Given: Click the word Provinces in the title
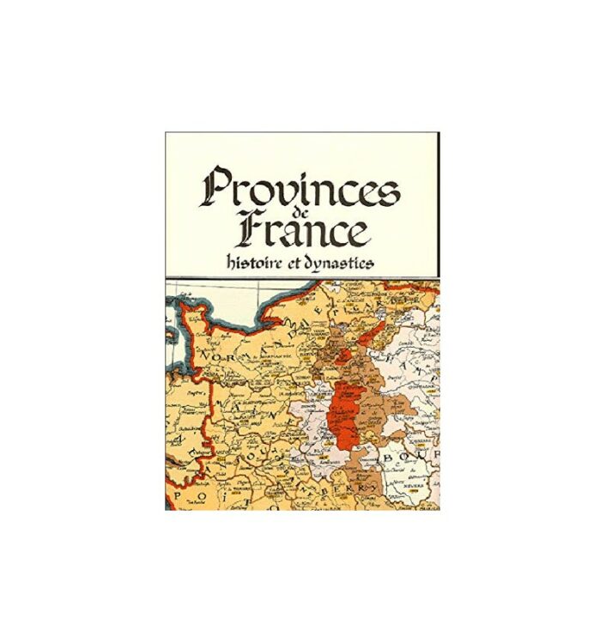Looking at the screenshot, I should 300,187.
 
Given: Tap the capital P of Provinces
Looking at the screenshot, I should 218,187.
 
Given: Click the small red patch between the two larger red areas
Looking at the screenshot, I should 344,353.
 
